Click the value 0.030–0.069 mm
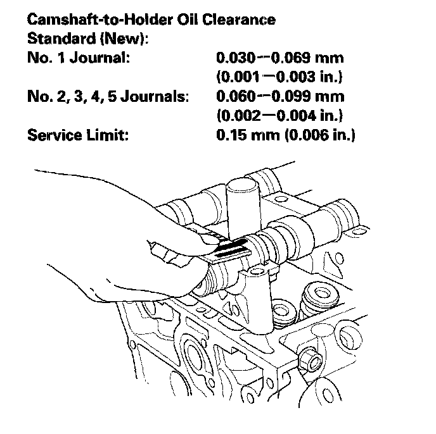tap(279, 59)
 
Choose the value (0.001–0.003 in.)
tap(279, 78)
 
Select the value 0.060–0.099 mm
tap(279, 97)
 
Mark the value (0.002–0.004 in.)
tap(279, 116)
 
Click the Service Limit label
tap(78, 136)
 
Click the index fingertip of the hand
tap(204, 237)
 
